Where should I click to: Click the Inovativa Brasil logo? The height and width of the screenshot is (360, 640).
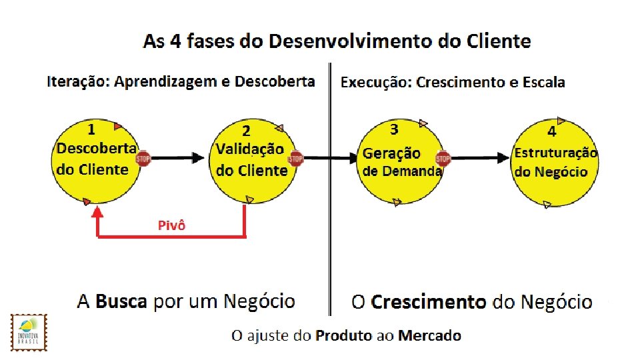[x=30, y=331]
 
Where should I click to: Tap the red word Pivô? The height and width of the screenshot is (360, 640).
[x=171, y=225]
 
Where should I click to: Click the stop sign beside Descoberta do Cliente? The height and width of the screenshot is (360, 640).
[x=143, y=158]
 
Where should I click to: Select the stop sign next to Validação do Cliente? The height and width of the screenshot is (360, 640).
[x=295, y=159]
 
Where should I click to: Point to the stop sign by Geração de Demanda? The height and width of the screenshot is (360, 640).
[x=443, y=159]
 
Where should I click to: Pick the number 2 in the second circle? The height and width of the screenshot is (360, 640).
[x=246, y=131]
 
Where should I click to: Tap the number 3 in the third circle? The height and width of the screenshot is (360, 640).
[x=394, y=128]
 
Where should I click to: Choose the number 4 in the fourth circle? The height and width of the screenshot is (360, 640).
[x=551, y=131]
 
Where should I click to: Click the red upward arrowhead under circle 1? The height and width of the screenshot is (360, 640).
[x=98, y=212]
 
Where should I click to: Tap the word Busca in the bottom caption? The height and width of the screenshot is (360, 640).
[x=121, y=301]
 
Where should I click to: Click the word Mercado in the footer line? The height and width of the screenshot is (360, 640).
[x=429, y=335]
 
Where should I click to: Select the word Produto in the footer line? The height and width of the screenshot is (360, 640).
[x=344, y=335]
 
